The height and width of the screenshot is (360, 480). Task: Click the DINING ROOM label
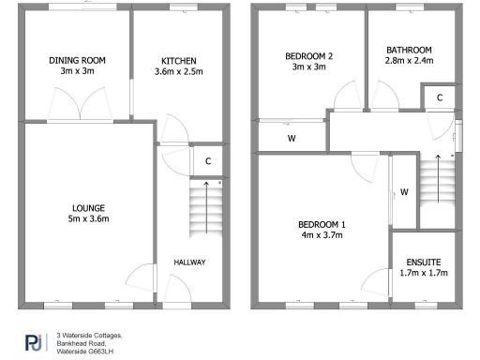pos(78,60)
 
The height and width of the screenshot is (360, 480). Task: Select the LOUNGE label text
pos(87,208)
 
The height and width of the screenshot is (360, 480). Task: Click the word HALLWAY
pos(189,262)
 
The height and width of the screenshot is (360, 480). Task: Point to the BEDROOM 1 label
pos(322,224)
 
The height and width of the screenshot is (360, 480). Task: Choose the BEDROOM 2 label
pos(307,56)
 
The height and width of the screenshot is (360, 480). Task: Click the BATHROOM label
pos(409,50)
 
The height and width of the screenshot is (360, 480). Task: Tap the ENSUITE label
pos(424,262)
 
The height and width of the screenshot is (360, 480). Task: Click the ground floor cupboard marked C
pos(206,160)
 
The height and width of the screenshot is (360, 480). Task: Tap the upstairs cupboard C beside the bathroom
pos(439,97)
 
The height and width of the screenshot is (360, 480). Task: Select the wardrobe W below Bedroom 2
pos(292,139)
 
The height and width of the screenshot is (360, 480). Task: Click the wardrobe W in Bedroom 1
pos(404,192)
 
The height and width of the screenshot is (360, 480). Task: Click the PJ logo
pos(33,341)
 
